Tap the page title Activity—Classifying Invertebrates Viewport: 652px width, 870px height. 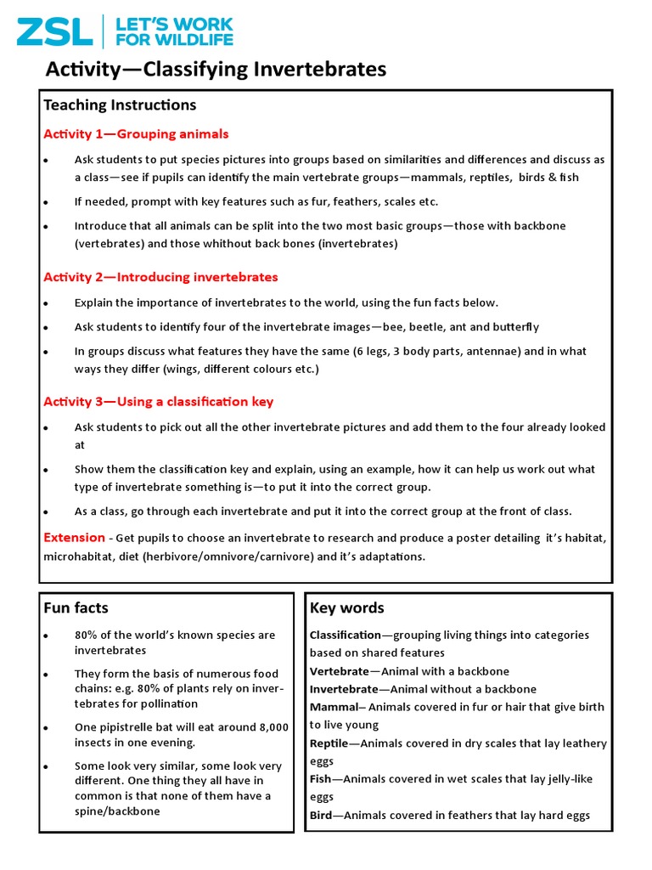(215, 70)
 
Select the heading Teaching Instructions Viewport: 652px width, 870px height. (120, 105)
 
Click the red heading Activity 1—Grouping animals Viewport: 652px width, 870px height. (136, 134)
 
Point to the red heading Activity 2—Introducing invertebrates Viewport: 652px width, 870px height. (160, 277)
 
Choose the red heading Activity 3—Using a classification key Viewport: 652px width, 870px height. (158, 401)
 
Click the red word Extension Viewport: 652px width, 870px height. (74, 538)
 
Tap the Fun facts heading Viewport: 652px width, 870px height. (76, 607)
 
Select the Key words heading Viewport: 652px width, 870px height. (346, 607)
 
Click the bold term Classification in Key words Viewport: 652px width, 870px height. (345, 635)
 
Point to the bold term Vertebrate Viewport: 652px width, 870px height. (339, 671)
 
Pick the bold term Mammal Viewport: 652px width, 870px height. (334, 707)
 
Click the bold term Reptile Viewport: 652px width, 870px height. (329, 743)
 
